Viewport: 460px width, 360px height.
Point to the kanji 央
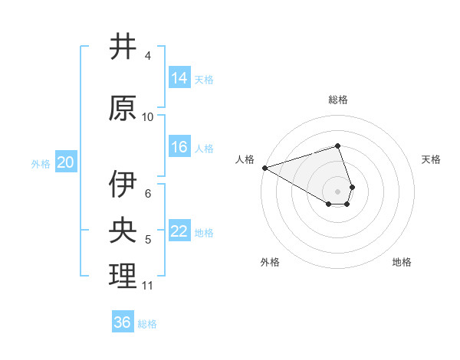[x=122, y=231]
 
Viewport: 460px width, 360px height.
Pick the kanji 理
[x=122, y=277]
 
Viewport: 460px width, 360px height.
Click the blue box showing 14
[x=179, y=77]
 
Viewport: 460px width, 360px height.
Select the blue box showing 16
[x=179, y=147]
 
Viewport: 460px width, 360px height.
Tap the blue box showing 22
[x=179, y=231]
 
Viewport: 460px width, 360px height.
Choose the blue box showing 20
[x=66, y=162]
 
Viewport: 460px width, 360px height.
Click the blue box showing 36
[x=123, y=322]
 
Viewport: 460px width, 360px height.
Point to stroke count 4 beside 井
[x=148, y=56]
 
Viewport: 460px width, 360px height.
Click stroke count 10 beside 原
[x=148, y=117]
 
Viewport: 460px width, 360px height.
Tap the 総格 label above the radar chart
[x=338, y=100]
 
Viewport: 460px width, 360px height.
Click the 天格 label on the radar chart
[x=431, y=159]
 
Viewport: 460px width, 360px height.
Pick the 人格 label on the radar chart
[x=245, y=159]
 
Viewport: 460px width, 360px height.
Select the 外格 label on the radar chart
[x=269, y=262]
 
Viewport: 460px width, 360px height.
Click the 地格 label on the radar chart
[x=402, y=262]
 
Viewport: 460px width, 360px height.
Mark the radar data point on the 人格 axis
[x=264, y=167]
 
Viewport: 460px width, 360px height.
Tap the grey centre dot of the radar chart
[x=337, y=191]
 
